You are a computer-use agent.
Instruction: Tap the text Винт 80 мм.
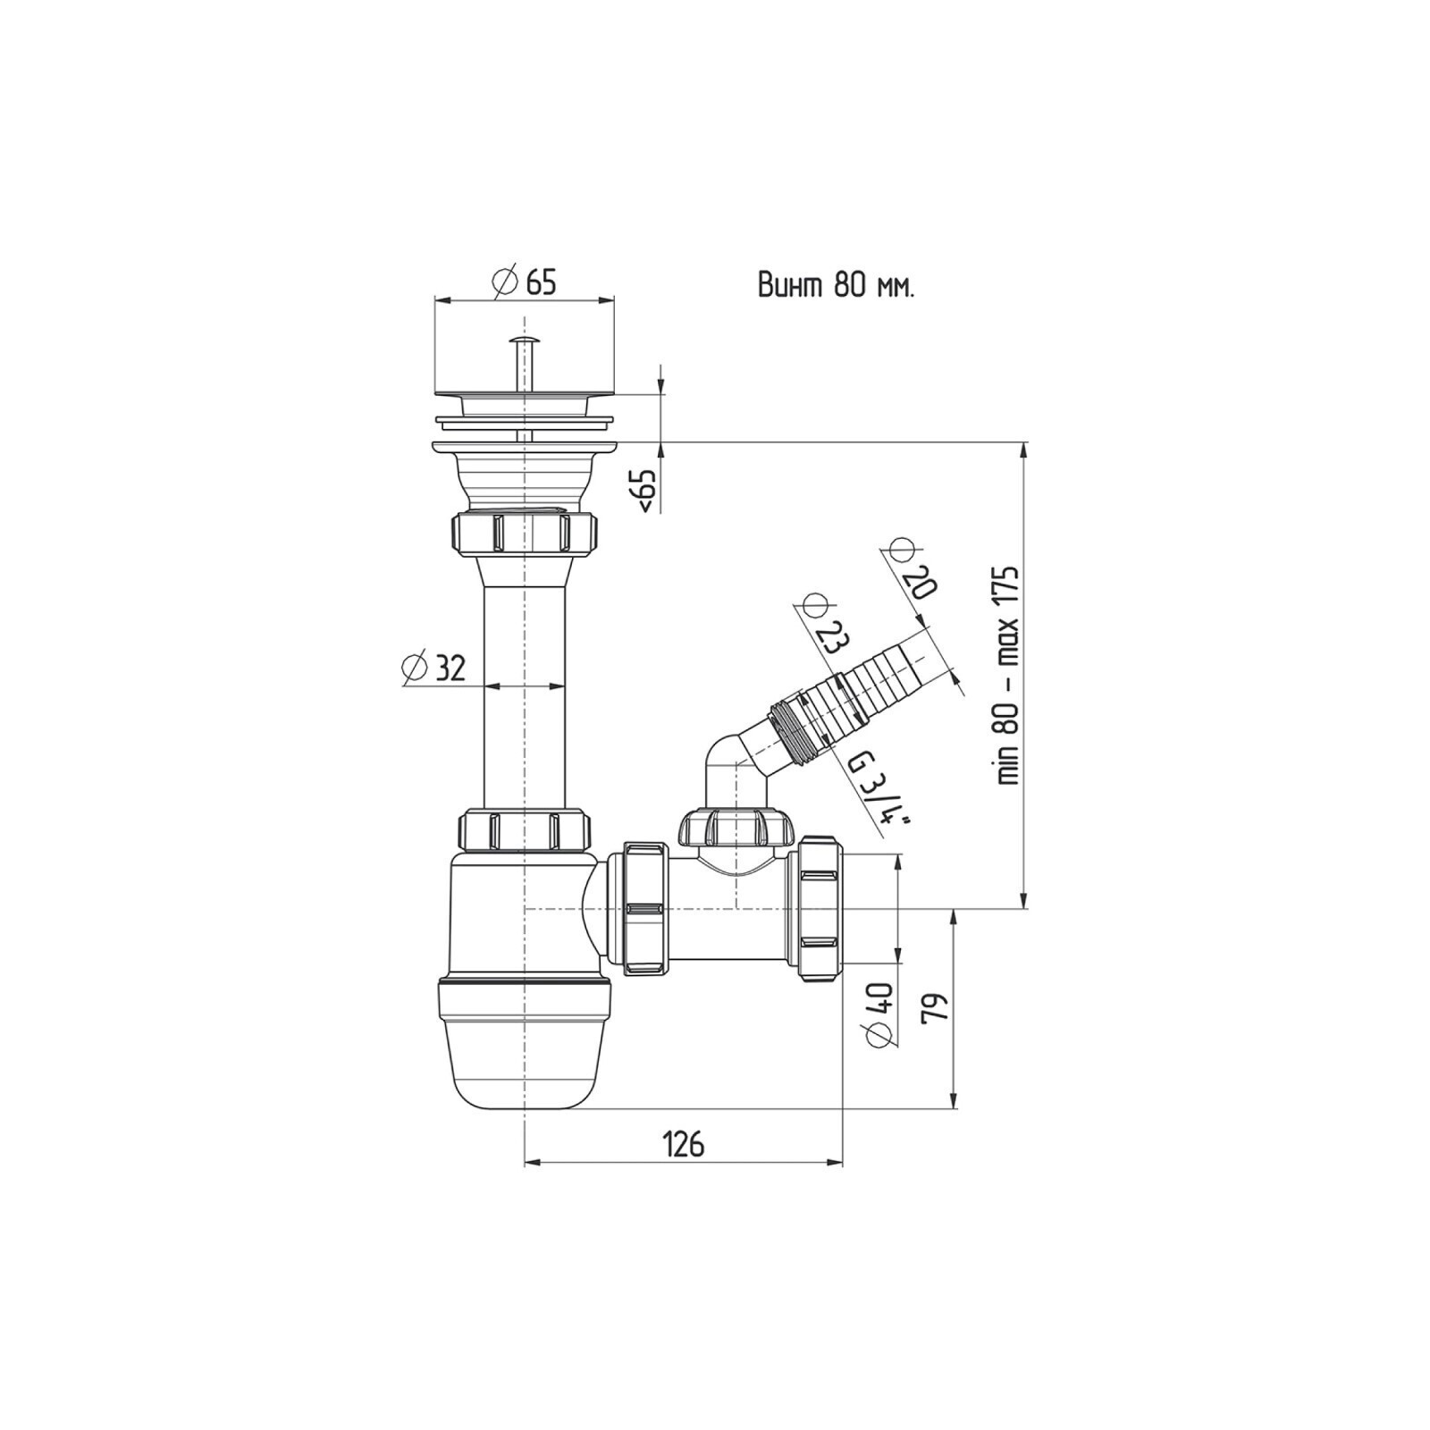(836, 286)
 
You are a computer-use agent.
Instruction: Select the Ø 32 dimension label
(434, 668)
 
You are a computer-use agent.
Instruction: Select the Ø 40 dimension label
(879, 1014)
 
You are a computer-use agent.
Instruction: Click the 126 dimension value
(683, 1143)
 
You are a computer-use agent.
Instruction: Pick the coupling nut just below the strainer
(524, 533)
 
